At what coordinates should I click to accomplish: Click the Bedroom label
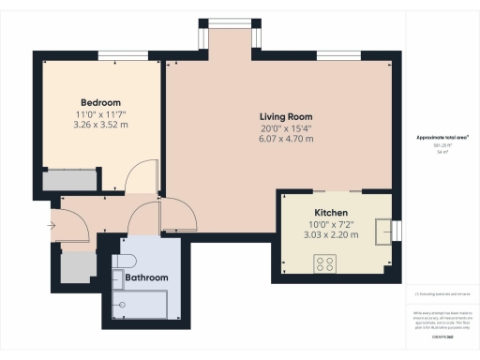tap(100, 102)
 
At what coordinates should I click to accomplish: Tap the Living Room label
tap(286, 117)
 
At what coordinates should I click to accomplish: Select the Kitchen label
tap(331, 213)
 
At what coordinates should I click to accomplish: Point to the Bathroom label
tap(146, 278)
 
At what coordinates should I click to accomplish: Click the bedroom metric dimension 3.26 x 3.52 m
tap(100, 125)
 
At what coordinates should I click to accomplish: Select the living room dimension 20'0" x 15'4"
tap(286, 128)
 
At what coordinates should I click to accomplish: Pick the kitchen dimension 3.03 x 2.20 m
tap(331, 235)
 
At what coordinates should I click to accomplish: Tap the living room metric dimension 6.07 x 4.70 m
tap(286, 140)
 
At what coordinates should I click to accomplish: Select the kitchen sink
tap(382, 231)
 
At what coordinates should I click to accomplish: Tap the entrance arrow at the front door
tap(47, 224)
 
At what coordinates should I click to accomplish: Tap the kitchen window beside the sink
tap(397, 231)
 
